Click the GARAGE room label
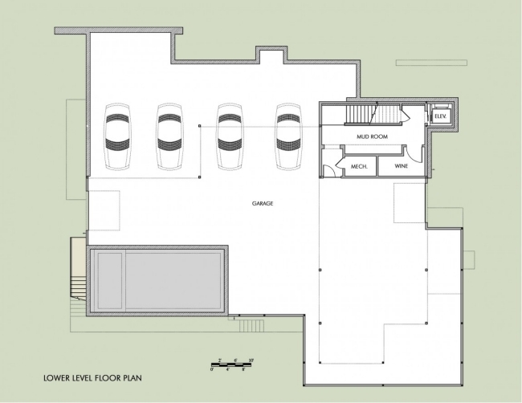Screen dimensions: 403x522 [262, 204]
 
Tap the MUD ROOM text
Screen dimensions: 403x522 [372, 136]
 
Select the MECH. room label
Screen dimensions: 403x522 [359, 167]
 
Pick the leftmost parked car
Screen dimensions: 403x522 [117, 136]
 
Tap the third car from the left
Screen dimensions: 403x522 [230, 136]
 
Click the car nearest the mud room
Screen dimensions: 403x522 [288, 136]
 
